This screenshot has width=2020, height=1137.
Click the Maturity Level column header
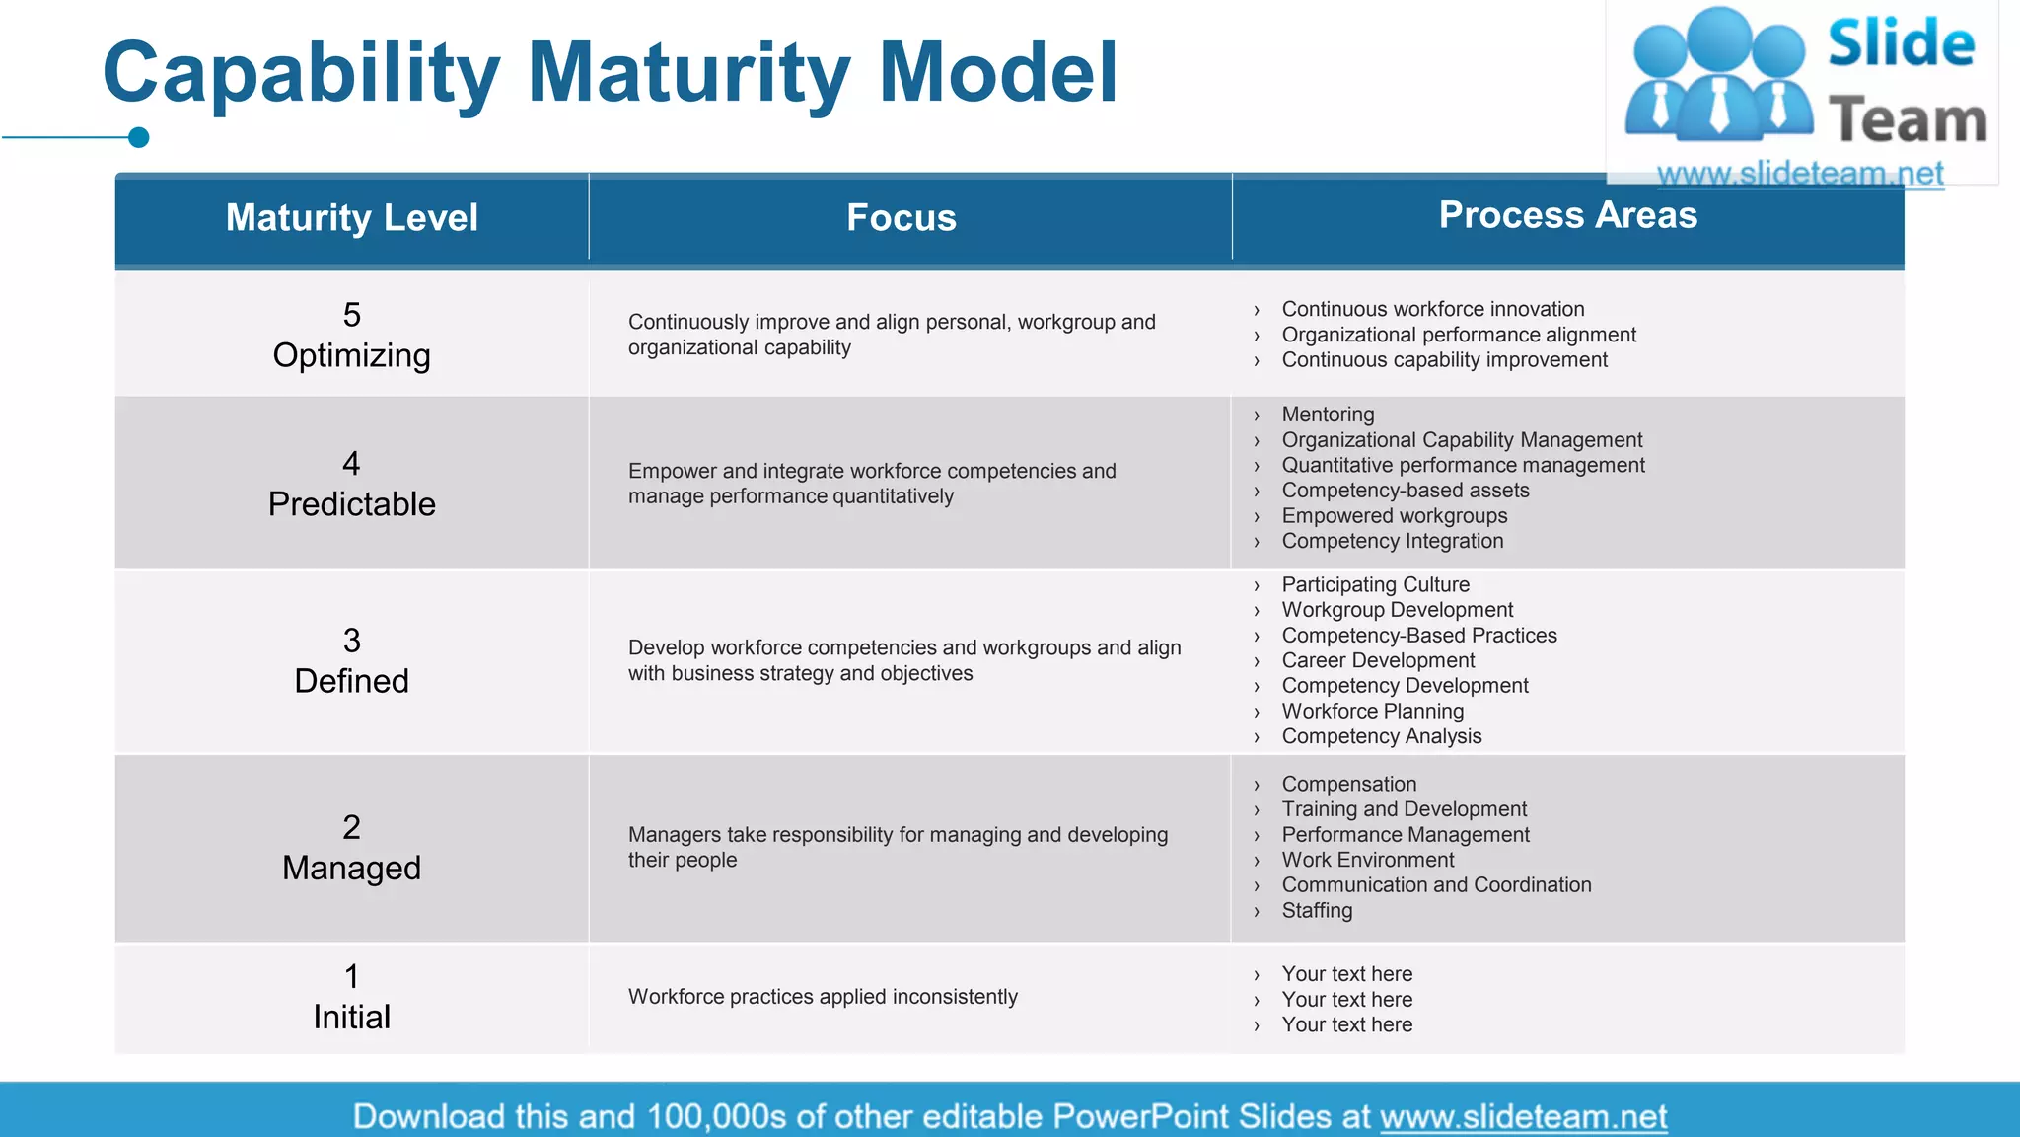[351, 217]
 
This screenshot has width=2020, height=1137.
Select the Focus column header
[901, 217]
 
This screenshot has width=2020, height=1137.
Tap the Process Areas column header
[1567, 214]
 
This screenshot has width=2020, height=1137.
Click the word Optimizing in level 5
[351, 355]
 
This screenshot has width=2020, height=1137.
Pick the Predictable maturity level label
[351, 503]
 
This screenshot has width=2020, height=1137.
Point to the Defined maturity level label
[351, 681]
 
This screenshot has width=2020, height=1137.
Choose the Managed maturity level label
[351, 868]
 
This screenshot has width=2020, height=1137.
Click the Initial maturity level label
[351, 1017]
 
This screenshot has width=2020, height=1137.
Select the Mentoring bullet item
[1328, 415]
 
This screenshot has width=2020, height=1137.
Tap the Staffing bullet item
[1317, 910]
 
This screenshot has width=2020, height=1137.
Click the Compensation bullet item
[1348, 784]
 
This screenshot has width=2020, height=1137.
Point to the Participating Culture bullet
[1375, 584]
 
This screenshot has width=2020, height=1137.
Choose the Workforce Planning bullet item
[1372, 711]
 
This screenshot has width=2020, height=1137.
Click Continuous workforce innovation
[1432, 309]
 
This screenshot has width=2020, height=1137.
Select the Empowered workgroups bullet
[1394, 515]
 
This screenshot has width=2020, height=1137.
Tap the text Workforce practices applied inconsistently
[823, 997]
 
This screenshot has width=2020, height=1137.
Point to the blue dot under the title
[139, 137]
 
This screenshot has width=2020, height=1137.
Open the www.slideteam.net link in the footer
[1523, 1116]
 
